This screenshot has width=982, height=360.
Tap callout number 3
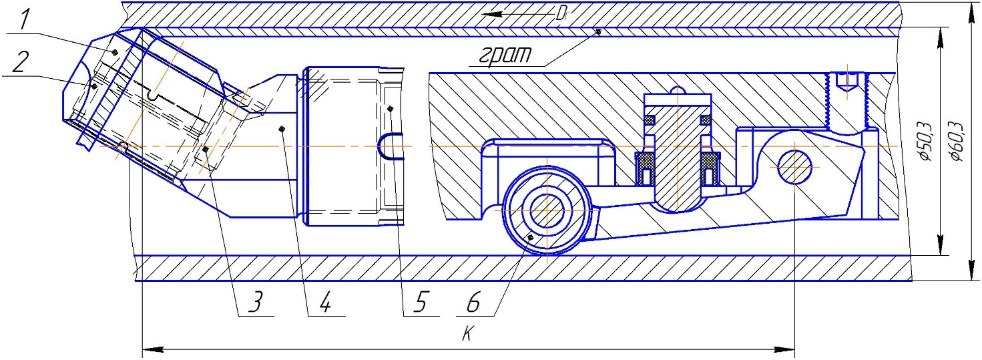[x=256, y=303]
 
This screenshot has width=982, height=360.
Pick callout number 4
[x=324, y=303]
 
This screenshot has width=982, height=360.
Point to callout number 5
[x=421, y=303]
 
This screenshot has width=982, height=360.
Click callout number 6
[x=473, y=303]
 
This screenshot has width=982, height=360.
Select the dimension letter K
[x=468, y=334]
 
